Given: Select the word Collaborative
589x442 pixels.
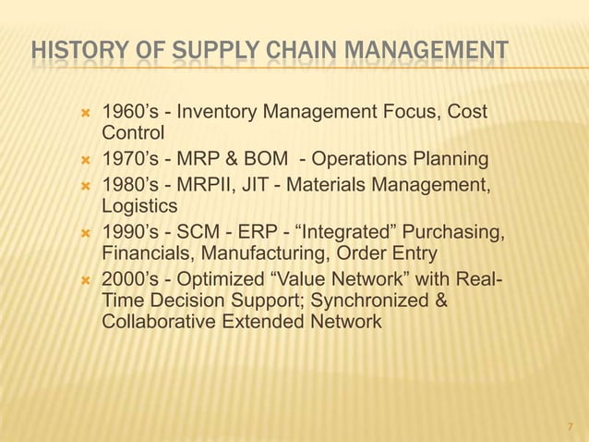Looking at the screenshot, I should [x=158, y=322].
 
